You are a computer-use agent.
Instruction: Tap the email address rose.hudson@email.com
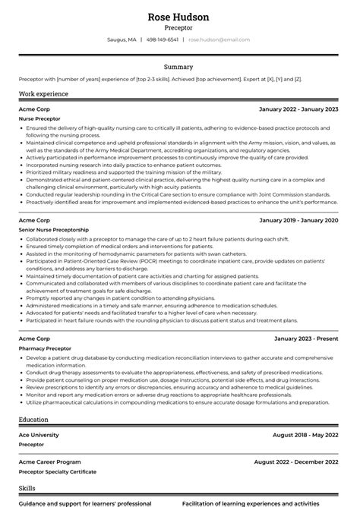219,39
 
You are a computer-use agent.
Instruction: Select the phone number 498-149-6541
163,39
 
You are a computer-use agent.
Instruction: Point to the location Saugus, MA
122,39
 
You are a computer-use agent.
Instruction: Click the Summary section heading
179,67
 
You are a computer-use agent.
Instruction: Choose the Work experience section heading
43,94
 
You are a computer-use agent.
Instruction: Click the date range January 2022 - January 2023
298,109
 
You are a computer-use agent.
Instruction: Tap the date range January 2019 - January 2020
298,220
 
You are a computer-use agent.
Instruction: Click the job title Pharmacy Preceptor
44,348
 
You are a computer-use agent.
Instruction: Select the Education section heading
34,419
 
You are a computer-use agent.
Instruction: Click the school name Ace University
39,434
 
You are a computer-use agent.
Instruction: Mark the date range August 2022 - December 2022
296,461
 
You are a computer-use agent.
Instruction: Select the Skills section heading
27,489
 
